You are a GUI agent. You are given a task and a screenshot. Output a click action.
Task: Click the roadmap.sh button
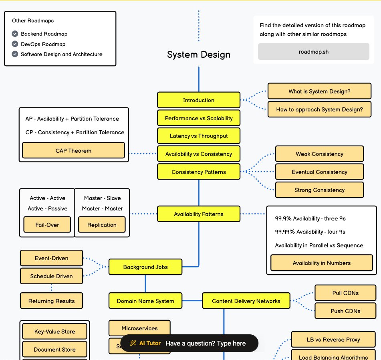click(x=313, y=52)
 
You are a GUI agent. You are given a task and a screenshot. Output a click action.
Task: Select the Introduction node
click(x=199, y=100)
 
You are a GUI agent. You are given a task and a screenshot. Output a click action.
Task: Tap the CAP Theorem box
click(x=73, y=151)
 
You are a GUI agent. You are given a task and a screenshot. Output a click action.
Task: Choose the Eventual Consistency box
click(x=319, y=172)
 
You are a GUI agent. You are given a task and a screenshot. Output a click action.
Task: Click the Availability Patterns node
click(x=199, y=214)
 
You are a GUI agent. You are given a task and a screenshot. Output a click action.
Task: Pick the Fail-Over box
click(x=47, y=225)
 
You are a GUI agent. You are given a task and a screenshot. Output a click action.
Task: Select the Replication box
click(x=102, y=225)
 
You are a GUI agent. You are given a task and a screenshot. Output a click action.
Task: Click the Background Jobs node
click(x=145, y=267)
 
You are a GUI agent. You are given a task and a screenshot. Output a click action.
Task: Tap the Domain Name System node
click(x=145, y=301)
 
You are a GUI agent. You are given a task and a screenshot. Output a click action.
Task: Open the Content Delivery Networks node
click(x=246, y=301)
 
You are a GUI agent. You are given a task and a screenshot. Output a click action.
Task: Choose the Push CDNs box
click(x=345, y=311)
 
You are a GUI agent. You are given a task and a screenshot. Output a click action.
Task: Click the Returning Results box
click(x=52, y=301)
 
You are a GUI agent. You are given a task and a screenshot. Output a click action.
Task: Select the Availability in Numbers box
click(x=322, y=263)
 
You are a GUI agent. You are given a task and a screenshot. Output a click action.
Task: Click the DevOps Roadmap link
click(x=43, y=44)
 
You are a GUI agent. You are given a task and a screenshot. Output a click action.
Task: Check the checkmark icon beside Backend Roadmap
click(x=15, y=34)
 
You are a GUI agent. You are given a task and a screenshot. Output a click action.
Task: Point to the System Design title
click(x=199, y=55)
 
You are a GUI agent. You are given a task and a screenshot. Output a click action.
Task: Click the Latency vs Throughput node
click(x=199, y=136)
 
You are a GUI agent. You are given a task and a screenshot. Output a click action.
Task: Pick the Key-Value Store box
click(x=54, y=332)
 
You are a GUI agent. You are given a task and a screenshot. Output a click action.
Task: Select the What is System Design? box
click(x=319, y=91)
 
